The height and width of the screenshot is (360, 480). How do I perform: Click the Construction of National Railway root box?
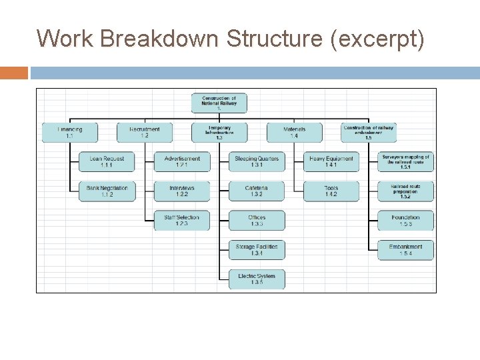pyautogui.click(x=219, y=103)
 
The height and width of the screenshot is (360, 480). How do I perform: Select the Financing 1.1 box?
pyautogui.click(x=69, y=132)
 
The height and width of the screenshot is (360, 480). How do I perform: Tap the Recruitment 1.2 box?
pyautogui.click(x=144, y=132)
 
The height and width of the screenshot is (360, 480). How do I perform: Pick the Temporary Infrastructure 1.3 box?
pyautogui.click(x=219, y=132)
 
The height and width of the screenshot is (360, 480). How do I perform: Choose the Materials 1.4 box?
pyautogui.click(x=294, y=132)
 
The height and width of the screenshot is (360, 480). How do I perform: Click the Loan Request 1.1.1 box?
pyautogui.click(x=107, y=162)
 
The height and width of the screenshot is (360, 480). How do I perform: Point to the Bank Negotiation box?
pyautogui.click(x=107, y=191)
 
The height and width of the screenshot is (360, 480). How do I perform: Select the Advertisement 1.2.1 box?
pyautogui.click(x=181, y=162)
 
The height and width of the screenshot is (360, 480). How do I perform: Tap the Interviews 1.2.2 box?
pyautogui.click(x=181, y=191)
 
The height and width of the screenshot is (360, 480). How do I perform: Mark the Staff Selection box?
pyautogui.click(x=181, y=221)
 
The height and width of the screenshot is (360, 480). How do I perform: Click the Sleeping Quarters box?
pyautogui.click(x=257, y=162)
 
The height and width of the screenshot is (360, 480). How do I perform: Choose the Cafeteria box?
pyautogui.click(x=257, y=191)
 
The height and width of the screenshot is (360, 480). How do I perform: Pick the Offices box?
pyautogui.click(x=257, y=221)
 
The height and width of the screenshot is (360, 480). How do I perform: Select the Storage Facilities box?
pyautogui.click(x=257, y=250)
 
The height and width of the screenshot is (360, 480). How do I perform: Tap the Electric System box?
pyautogui.click(x=257, y=279)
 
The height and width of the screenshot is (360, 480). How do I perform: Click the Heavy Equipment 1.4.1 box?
pyautogui.click(x=331, y=162)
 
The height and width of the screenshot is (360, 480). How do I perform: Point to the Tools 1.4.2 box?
pyautogui.click(x=331, y=191)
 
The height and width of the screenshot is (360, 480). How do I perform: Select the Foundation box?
pyautogui.click(x=405, y=221)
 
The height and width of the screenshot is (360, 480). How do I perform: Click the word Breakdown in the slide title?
pyautogui.click(x=161, y=39)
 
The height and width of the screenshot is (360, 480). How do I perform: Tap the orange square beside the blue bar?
pyautogui.click(x=14, y=73)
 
